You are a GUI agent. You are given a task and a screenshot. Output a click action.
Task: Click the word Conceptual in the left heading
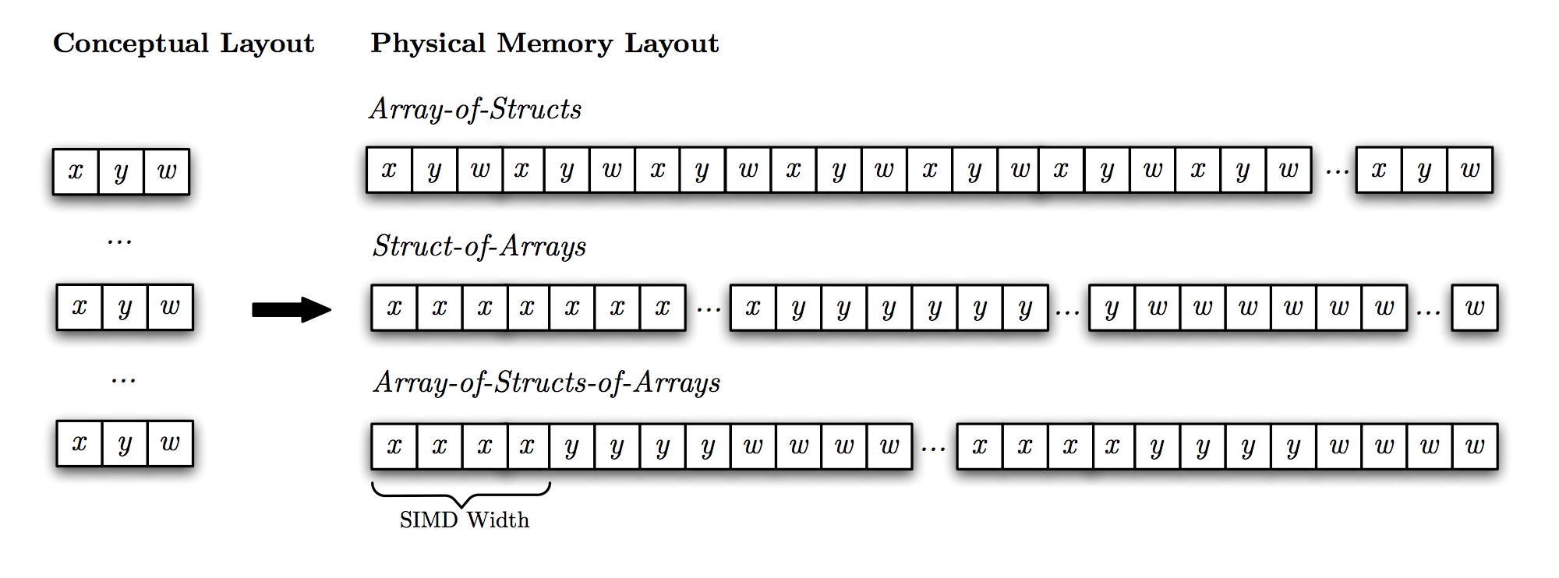[x=130, y=44]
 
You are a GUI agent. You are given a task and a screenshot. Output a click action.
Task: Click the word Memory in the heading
[x=555, y=44]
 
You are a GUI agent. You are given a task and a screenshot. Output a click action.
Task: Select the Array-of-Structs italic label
[x=475, y=109]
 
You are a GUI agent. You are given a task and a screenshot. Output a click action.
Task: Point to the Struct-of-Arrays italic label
[x=479, y=246]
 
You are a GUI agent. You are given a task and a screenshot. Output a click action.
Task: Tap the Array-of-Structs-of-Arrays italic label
[x=547, y=382]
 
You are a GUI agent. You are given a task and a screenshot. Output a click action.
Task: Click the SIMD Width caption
[x=465, y=520]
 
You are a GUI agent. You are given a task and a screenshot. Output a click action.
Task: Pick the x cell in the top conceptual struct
[x=76, y=171]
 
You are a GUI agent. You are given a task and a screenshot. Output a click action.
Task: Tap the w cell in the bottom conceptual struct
[x=170, y=443]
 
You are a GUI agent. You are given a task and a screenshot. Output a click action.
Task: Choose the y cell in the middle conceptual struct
[x=125, y=307]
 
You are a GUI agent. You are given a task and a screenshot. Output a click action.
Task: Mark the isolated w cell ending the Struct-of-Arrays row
[x=1474, y=308]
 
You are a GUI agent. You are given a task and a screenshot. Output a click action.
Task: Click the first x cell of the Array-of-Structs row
[x=389, y=170]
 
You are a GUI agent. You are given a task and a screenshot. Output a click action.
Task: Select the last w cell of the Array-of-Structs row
[x=1470, y=170]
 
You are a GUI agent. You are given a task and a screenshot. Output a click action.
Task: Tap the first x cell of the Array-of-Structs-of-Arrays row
[x=394, y=446]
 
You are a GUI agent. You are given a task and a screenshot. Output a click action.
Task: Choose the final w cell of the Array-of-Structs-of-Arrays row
[x=1475, y=446]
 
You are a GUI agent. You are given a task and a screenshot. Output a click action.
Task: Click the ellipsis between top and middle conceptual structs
[x=119, y=242]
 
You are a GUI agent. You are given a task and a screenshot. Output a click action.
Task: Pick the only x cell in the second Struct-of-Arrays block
[x=753, y=308]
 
